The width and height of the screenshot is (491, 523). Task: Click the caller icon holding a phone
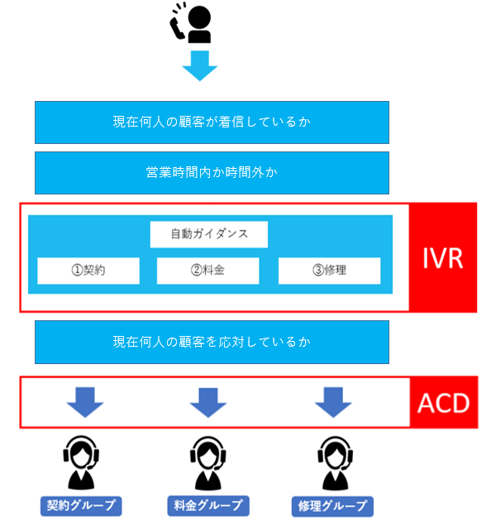coord(191,22)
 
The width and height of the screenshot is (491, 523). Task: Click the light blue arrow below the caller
coord(200,65)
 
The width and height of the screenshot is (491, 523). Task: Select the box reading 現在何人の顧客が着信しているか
coord(212,122)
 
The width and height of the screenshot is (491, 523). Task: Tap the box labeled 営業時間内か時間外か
coord(212,173)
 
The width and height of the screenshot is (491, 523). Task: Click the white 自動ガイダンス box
coord(209,234)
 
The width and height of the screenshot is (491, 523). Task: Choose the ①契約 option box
coord(88,271)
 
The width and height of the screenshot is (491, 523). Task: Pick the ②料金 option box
coord(207,271)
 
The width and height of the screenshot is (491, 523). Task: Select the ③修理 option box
coord(330,271)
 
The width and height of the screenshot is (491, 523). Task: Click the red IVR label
coord(443,257)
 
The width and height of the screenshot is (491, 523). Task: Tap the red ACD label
coord(444,402)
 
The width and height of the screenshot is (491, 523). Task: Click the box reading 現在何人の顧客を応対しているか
coord(212,342)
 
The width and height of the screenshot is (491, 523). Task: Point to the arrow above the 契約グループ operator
coord(85,402)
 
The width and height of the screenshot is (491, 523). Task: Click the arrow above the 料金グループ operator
coord(208,402)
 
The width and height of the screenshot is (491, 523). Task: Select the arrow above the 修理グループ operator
coord(333,402)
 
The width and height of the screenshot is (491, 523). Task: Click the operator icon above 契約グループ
coord(81,463)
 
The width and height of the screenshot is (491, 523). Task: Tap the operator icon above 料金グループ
coord(207,463)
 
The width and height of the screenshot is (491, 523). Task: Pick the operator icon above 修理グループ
coord(335,463)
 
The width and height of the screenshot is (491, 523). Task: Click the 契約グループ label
coord(81,506)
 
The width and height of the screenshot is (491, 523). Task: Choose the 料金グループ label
coord(208,506)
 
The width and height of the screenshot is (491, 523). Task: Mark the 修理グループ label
coord(332,506)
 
